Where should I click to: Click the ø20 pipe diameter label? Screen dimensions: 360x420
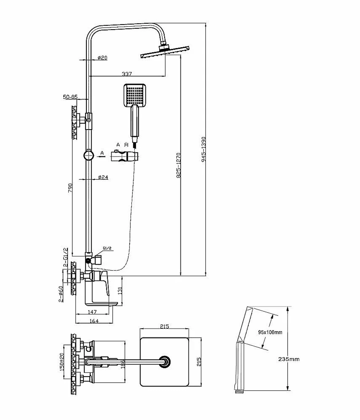pyautogui.click(x=103, y=58)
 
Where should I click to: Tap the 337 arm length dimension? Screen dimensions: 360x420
pyautogui.click(x=127, y=74)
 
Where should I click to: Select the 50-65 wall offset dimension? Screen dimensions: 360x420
pyautogui.click(x=70, y=97)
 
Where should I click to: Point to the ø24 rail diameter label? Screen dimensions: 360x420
pyautogui.click(x=103, y=177)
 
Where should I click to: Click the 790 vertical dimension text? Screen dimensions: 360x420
pyautogui.click(x=70, y=188)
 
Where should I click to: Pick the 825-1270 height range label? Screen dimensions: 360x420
pyautogui.click(x=179, y=165)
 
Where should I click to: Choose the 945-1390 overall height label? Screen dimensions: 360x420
pyautogui.click(x=203, y=149)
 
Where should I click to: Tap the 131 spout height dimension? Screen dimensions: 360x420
pyautogui.click(x=120, y=290)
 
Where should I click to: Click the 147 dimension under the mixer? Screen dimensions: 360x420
pyautogui.click(x=92, y=312)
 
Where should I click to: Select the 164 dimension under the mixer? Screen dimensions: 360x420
pyautogui.click(x=94, y=321)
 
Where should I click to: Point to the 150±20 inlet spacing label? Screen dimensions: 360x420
pyautogui.click(x=62, y=362)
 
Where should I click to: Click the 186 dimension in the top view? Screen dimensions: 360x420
pyautogui.click(x=123, y=364)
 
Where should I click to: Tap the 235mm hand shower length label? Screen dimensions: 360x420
pyautogui.click(x=289, y=359)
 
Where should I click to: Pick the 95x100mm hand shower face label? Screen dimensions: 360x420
pyautogui.click(x=270, y=332)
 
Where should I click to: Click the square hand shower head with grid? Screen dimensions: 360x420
pyautogui.click(x=135, y=95)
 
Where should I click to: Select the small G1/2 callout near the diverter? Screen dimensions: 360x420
pyautogui.click(x=107, y=248)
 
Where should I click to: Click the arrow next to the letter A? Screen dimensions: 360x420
pyautogui.click(x=100, y=157)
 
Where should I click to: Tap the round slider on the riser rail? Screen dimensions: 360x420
pyautogui.click(x=89, y=155)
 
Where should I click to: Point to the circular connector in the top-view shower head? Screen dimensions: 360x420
pyautogui.click(x=165, y=361)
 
